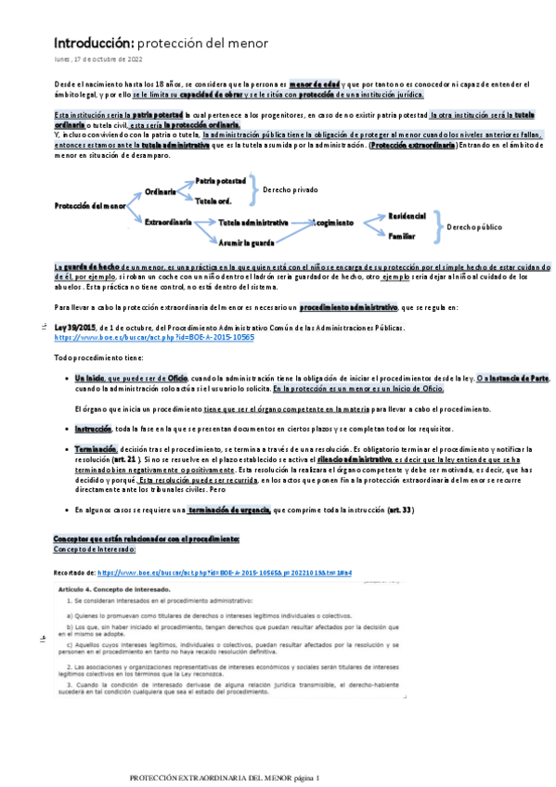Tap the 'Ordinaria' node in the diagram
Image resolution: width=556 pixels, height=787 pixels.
point(161,190)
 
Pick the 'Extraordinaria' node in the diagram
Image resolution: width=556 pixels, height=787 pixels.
point(169,223)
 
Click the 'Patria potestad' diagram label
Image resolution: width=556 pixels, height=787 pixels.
point(221,180)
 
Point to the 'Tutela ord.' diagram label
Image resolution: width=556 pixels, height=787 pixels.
point(213,200)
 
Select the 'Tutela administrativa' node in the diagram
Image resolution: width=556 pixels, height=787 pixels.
point(253,223)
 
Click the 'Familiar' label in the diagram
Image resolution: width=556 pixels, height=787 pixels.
point(403,237)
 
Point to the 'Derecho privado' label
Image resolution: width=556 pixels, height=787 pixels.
point(291,189)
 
